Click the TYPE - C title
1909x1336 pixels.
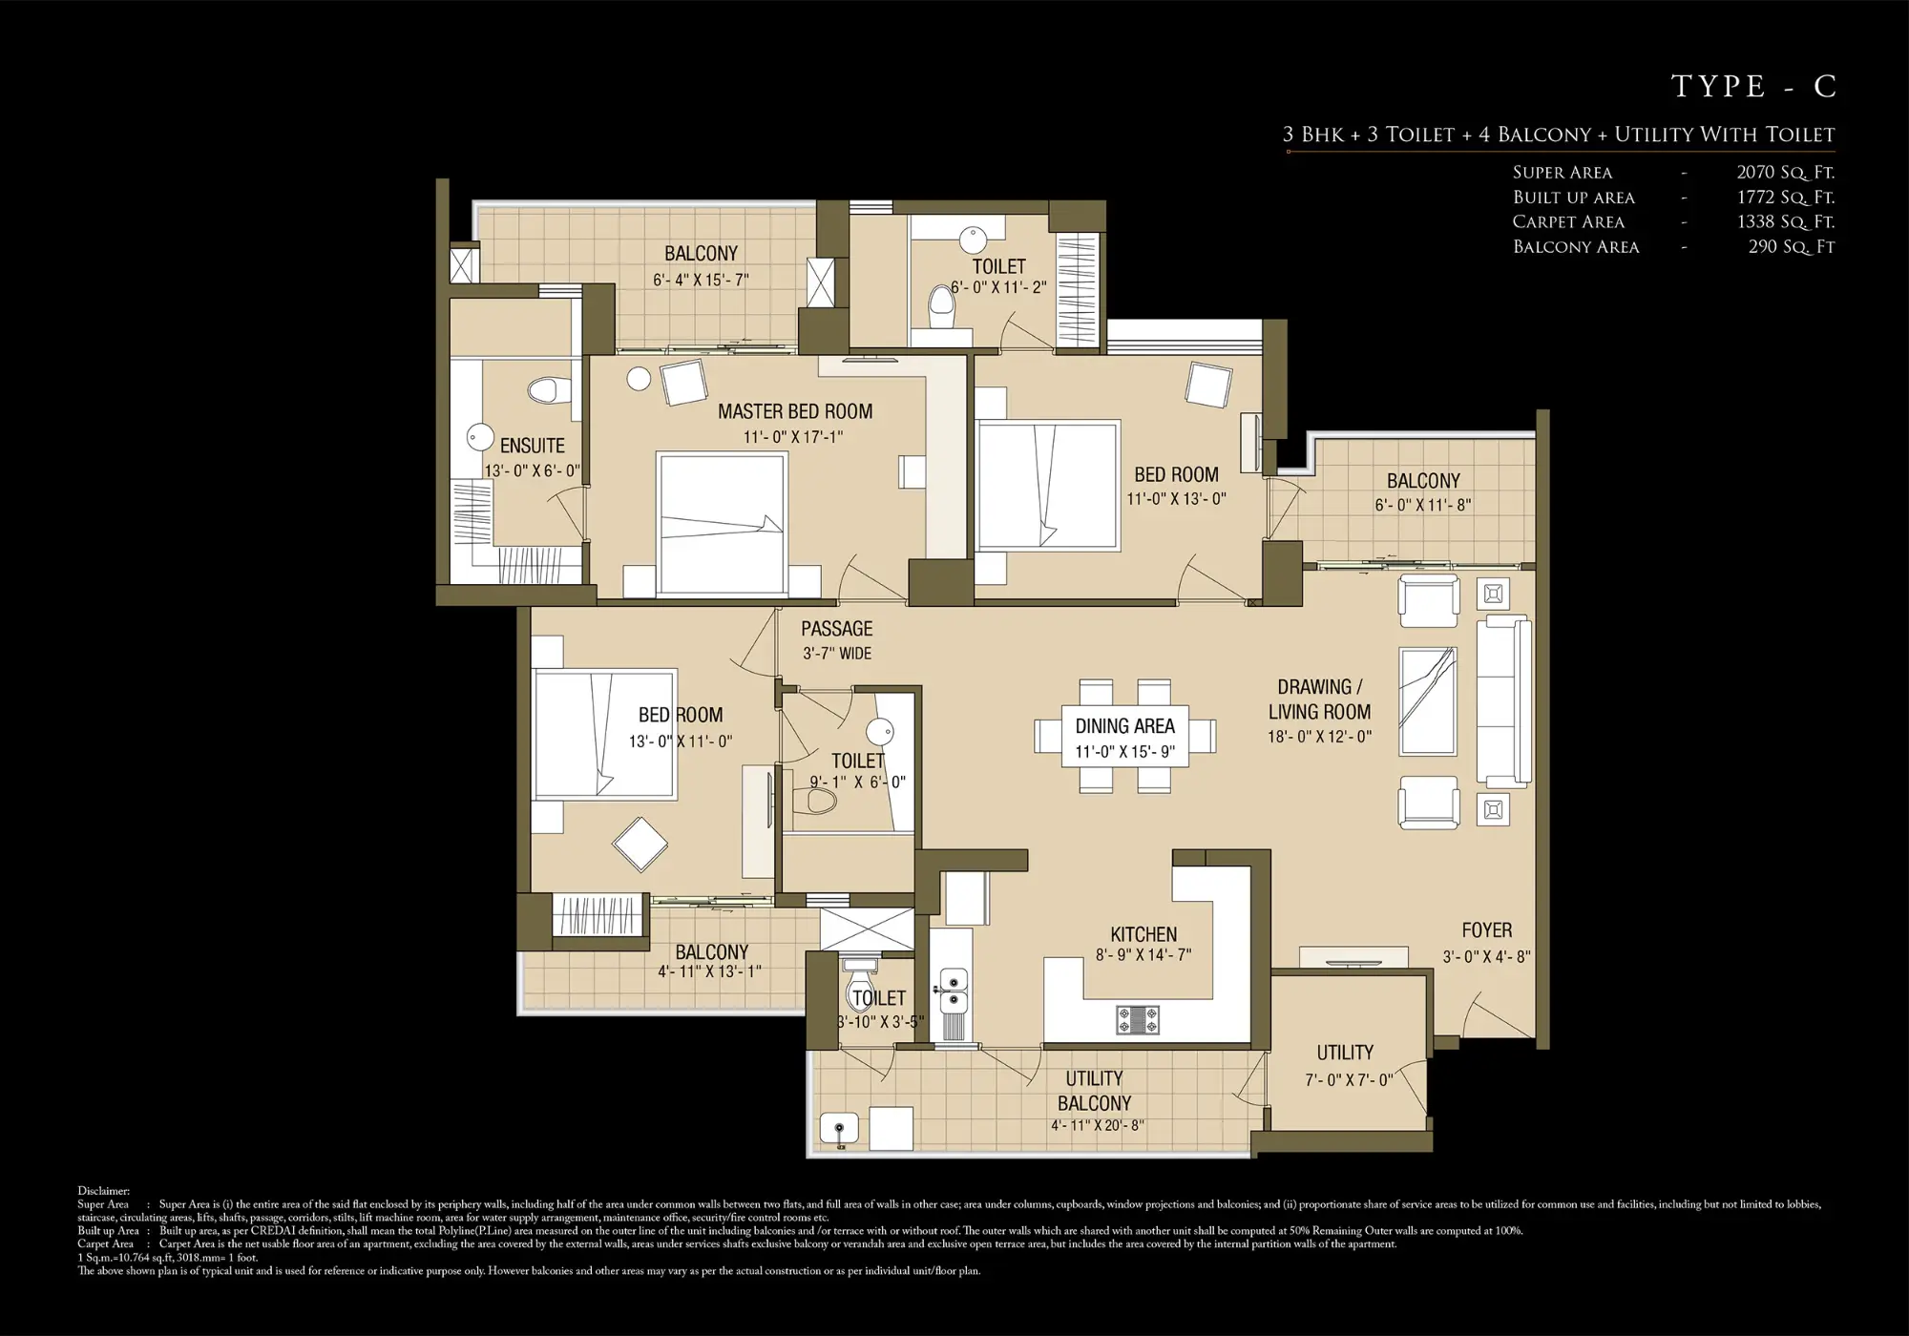pyautogui.click(x=1753, y=87)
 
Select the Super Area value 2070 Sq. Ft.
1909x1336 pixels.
pyautogui.click(x=1785, y=173)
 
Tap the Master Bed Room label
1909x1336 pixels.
pyautogui.click(x=795, y=412)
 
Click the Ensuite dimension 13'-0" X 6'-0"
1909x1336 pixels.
pyautogui.click(x=532, y=471)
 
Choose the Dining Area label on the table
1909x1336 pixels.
pyautogui.click(x=1124, y=727)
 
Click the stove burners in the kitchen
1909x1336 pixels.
pyautogui.click(x=1138, y=1020)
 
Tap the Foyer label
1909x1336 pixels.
pyautogui.click(x=1486, y=930)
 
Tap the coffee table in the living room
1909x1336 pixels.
pyautogui.click(x=1428, y=701)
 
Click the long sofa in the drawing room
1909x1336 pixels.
pyautogui.click(x=1504, y=701)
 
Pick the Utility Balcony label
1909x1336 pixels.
pyautogui.click(x=1094, y=1091)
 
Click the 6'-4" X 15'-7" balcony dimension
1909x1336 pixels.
pyautogui.click(x=701, y=281)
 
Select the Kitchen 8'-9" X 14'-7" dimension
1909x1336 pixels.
pyautogui.click(x=1143, y=955)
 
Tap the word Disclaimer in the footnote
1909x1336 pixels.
pyautogui.click(x=103, y=1191)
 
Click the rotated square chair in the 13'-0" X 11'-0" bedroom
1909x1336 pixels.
pyautogui.click(x=640, y=845)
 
